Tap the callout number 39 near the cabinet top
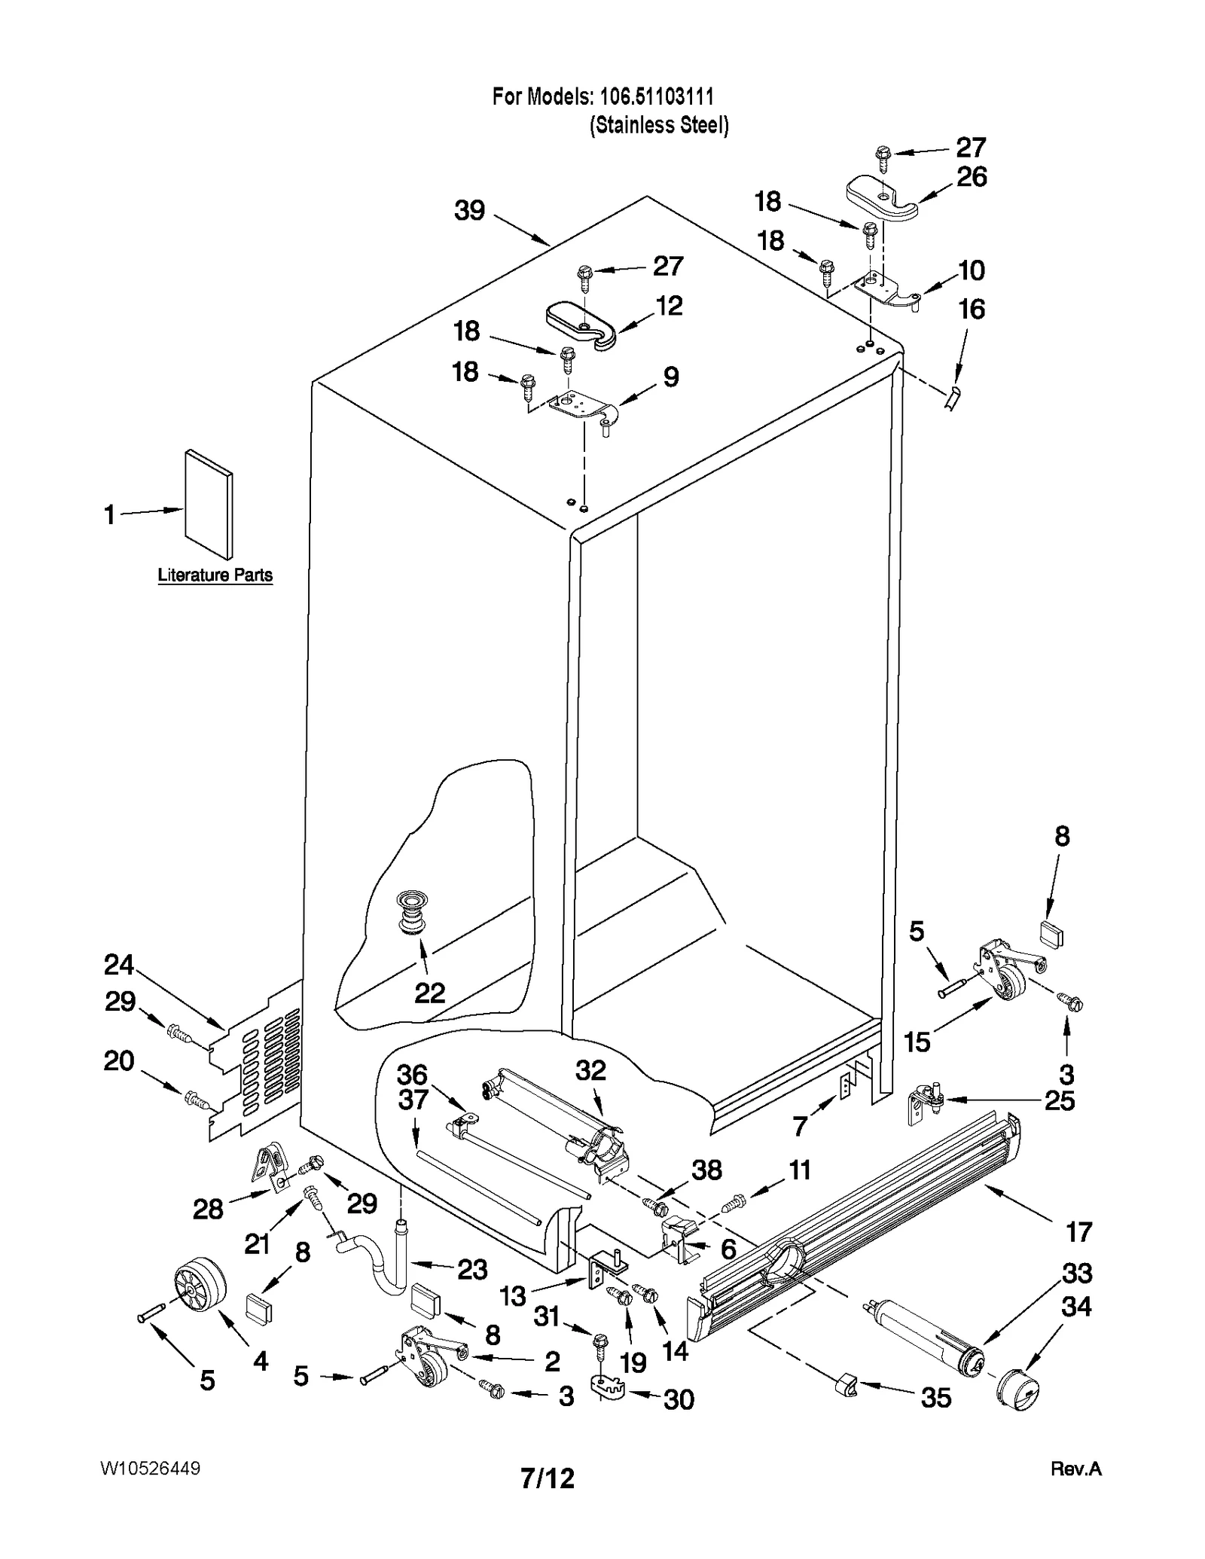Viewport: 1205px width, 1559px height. (x=469, y=211)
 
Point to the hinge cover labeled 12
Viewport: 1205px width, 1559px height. (x=581, y=325)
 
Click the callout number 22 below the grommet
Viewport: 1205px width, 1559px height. (x=430, y=993)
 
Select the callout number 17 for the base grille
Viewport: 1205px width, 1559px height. (x=1078, y=1232)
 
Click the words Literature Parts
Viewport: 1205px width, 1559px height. (x=215, y=575)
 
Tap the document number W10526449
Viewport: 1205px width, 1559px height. (x=149, y=1469)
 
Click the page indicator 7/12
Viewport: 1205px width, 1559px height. (x=548, y=1478)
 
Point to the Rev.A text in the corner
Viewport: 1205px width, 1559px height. (x=1075, y=1469)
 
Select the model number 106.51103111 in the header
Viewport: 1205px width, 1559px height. (x=654, y=96)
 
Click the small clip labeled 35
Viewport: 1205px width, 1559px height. (x=846, y=1384)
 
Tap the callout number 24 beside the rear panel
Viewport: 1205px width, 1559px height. (x=118, y=965)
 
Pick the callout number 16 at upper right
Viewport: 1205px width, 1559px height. (x=972, y=310)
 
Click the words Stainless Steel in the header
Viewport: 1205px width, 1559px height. (x=659, y=125)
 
